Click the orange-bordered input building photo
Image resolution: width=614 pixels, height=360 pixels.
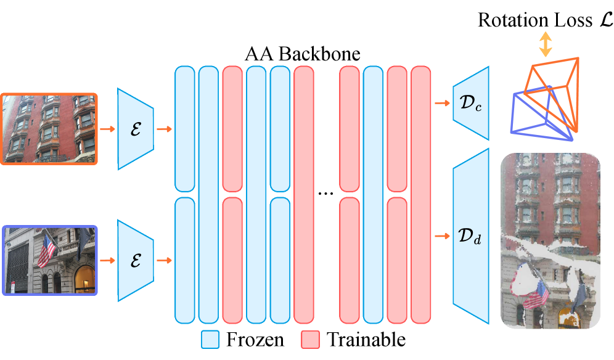coord(49,129)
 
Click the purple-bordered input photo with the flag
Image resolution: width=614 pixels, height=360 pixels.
coord(49,260)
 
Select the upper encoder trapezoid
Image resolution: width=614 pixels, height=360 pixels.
coord(136,129)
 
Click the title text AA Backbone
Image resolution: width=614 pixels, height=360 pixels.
coord(302,54)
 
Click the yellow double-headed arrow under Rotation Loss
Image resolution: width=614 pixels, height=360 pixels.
coord(545,45)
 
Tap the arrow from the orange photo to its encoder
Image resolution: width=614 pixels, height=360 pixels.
coord(107,129)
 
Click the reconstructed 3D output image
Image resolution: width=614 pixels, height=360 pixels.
coord(551,240)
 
